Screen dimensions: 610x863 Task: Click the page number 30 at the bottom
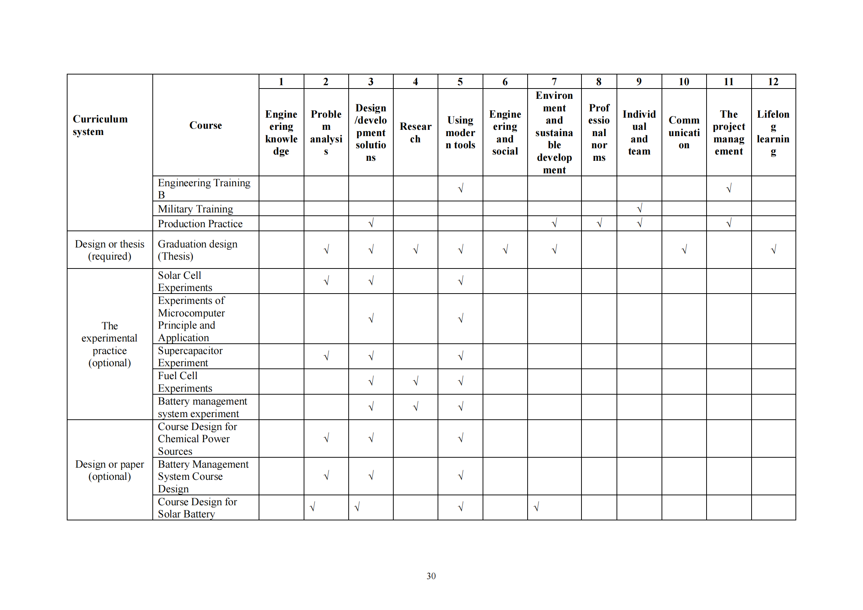click(x=431, y=576)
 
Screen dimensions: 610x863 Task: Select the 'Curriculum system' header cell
click(x=100, y=125)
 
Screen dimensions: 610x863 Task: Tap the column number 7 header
click(x=554, y=82)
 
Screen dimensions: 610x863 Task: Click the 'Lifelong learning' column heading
click(x=773, y=132)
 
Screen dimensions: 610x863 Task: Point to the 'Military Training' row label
click(x=195, y=209)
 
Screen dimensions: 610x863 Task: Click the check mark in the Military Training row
click(x=639, y=208)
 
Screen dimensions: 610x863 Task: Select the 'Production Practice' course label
click(x=200, y=223)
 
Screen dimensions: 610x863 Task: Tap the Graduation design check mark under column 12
click(x=773, y=249)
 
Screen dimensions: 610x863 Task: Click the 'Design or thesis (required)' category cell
click(x=109, y=250)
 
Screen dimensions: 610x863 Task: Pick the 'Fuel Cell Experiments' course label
click(x=184, y=382)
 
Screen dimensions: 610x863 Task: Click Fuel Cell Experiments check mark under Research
click(x=415, y=381)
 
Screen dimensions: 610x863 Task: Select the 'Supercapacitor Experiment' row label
click(x=190, y=357)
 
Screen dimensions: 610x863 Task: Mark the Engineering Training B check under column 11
click(x=728, y=188)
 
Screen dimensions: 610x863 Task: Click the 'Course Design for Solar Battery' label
click(x=197, y=507)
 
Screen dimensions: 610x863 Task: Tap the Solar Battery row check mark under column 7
click(x=536, y=507)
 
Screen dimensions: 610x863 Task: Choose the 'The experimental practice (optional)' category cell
click(x=109, y=344)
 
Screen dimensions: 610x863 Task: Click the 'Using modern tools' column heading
click(x=460, y=132)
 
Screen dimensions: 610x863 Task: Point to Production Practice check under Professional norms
click(x=599, y=223)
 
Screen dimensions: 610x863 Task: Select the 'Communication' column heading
click(x=684, y=132)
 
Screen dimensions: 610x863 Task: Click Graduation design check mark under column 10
click(x=684, y=249)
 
